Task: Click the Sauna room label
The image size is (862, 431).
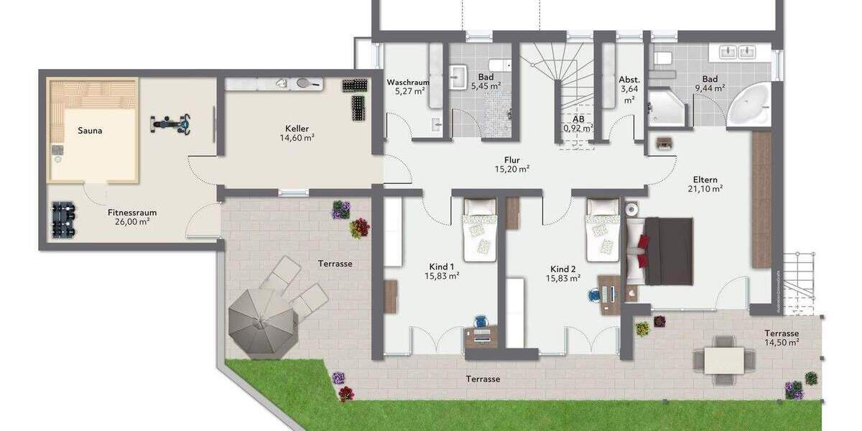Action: (x=90, y=131)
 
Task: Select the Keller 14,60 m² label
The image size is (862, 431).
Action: (x=296, y=134)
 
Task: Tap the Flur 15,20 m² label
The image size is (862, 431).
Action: (x=511, y=164)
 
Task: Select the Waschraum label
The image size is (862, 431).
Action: (x=407, y=83)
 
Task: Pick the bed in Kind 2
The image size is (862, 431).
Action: (x=601, y=230)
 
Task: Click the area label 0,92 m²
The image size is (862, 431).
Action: (x=578, y=129)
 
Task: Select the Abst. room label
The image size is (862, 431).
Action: (x=629, y=80)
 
